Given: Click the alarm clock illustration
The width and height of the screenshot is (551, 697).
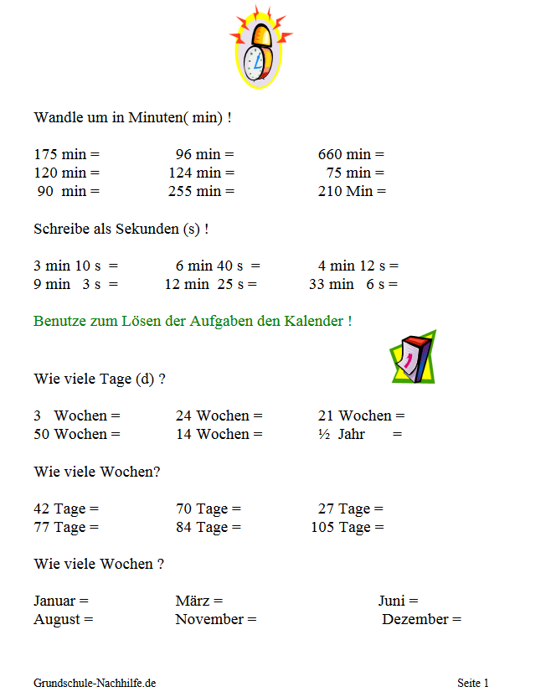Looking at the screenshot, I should (x=259, y=48).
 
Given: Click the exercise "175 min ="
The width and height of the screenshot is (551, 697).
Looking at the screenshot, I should (x=66, y=154).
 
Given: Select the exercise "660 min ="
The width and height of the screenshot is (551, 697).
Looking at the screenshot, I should (x=351, y=154).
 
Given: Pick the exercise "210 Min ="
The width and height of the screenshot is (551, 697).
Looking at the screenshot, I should (x=352, y=191).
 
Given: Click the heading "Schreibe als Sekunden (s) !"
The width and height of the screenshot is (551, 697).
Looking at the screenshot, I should (x=121, y=228).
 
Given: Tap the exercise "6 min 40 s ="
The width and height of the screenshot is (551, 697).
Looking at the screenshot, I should (x=218, y=266).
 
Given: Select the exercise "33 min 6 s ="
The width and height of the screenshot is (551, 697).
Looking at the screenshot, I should (x=353, y=284).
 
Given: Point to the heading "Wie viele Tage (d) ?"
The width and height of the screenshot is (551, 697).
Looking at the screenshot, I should (x=99, y=378).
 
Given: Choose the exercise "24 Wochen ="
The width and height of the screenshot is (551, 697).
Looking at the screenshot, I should (x=219, y=416).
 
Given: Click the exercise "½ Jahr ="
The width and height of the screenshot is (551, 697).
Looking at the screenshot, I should (x=359, y=434).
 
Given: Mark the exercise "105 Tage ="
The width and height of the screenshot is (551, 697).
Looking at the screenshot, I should (x=347, y=527).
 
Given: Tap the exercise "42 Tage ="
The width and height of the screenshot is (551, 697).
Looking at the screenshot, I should (x=66, y=509).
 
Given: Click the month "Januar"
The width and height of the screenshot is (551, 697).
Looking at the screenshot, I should (x=55, y=601).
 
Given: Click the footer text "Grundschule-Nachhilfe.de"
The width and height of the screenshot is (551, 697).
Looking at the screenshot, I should (x=95, y=683).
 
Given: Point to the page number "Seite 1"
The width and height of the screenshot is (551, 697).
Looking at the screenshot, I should (x=473, y=683).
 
